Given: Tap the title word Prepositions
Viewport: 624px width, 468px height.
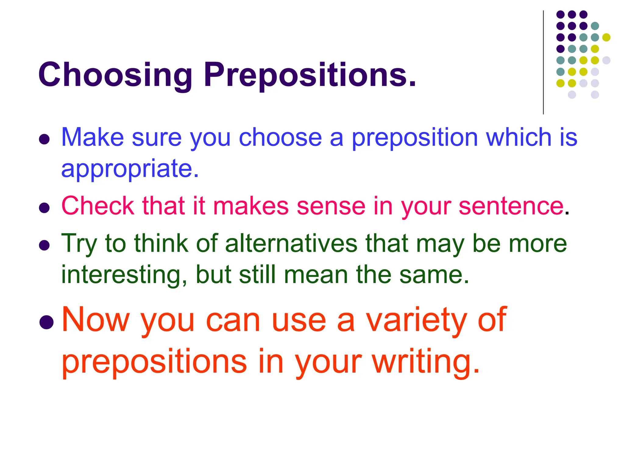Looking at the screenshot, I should [x=310, y=75].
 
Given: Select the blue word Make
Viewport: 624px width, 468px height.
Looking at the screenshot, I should [x=93, y=137].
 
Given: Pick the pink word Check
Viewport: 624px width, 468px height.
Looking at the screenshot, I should [x=98, y=206].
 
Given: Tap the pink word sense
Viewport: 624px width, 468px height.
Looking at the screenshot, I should [x=331, y=207].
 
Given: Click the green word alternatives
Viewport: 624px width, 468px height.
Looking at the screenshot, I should [x=291, y=243].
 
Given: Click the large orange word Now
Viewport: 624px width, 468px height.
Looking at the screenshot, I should [x=96, y=320].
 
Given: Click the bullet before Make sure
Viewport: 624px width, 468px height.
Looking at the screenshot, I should [x=44, y=139].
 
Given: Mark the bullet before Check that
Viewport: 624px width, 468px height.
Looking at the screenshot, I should [x=44, y=208].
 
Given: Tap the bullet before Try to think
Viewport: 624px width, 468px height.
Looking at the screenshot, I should [x=44, y=245].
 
